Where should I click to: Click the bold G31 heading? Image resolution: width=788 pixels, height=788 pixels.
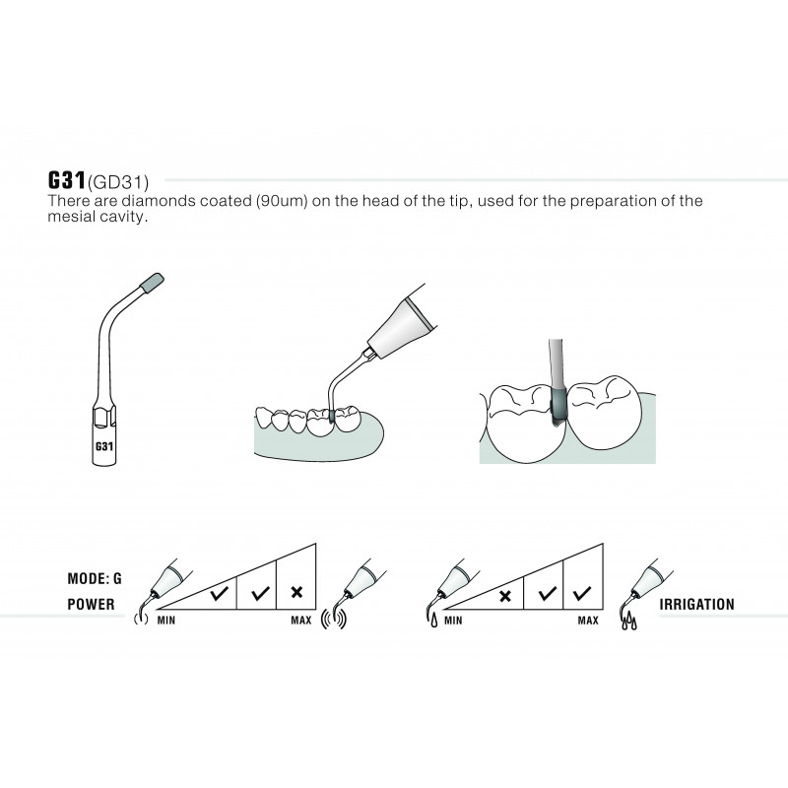pos(67,180)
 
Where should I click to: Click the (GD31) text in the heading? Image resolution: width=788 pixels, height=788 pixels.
pos(118,182)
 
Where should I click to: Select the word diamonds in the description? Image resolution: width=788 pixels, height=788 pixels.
pos(159,201)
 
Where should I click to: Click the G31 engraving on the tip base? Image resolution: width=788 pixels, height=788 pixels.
pos(104,446)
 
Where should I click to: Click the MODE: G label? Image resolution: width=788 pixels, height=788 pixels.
pos(95,578)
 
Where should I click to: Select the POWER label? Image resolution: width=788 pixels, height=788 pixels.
pos(91,604)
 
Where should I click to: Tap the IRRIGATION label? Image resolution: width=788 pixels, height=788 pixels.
pos(697,604)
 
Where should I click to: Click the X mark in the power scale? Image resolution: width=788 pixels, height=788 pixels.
pos(297,592)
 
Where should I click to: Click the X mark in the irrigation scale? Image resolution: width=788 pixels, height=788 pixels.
pos(505,596)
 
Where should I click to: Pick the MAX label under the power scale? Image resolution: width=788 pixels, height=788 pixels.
pos(301,621)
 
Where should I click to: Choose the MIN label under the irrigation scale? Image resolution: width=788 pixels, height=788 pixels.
pos(453,621)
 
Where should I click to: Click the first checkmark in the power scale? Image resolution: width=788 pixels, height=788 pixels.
pos(219,594)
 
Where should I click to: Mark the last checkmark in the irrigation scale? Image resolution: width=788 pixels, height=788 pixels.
pos(582,594)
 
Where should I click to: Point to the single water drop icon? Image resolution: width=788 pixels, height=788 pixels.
pos(433,622)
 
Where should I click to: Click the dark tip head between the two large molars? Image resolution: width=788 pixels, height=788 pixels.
pos(558,407)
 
